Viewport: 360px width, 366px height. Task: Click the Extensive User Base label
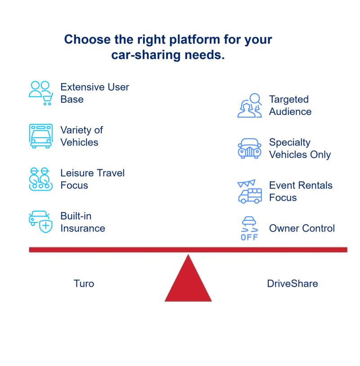click(94, 93)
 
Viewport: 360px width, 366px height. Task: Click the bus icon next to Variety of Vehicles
click(41, 136)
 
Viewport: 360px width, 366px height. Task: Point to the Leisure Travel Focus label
click(92, 179)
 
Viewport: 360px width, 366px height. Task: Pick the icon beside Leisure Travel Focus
click(41, 179)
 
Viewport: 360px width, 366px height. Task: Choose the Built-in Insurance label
click(83, 222)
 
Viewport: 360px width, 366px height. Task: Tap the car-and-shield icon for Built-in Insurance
click(41, 221)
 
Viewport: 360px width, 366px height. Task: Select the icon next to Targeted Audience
click(249, 106)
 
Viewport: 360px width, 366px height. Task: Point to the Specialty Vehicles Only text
click(299, 148)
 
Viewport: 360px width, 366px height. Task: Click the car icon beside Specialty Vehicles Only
click(250, 149)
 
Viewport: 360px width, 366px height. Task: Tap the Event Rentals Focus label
click(300, 191)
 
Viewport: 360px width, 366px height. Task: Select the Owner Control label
click(301, 228)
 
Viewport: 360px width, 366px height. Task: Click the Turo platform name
click(85, 284)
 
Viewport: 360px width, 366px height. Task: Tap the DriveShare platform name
click(293, 284)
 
